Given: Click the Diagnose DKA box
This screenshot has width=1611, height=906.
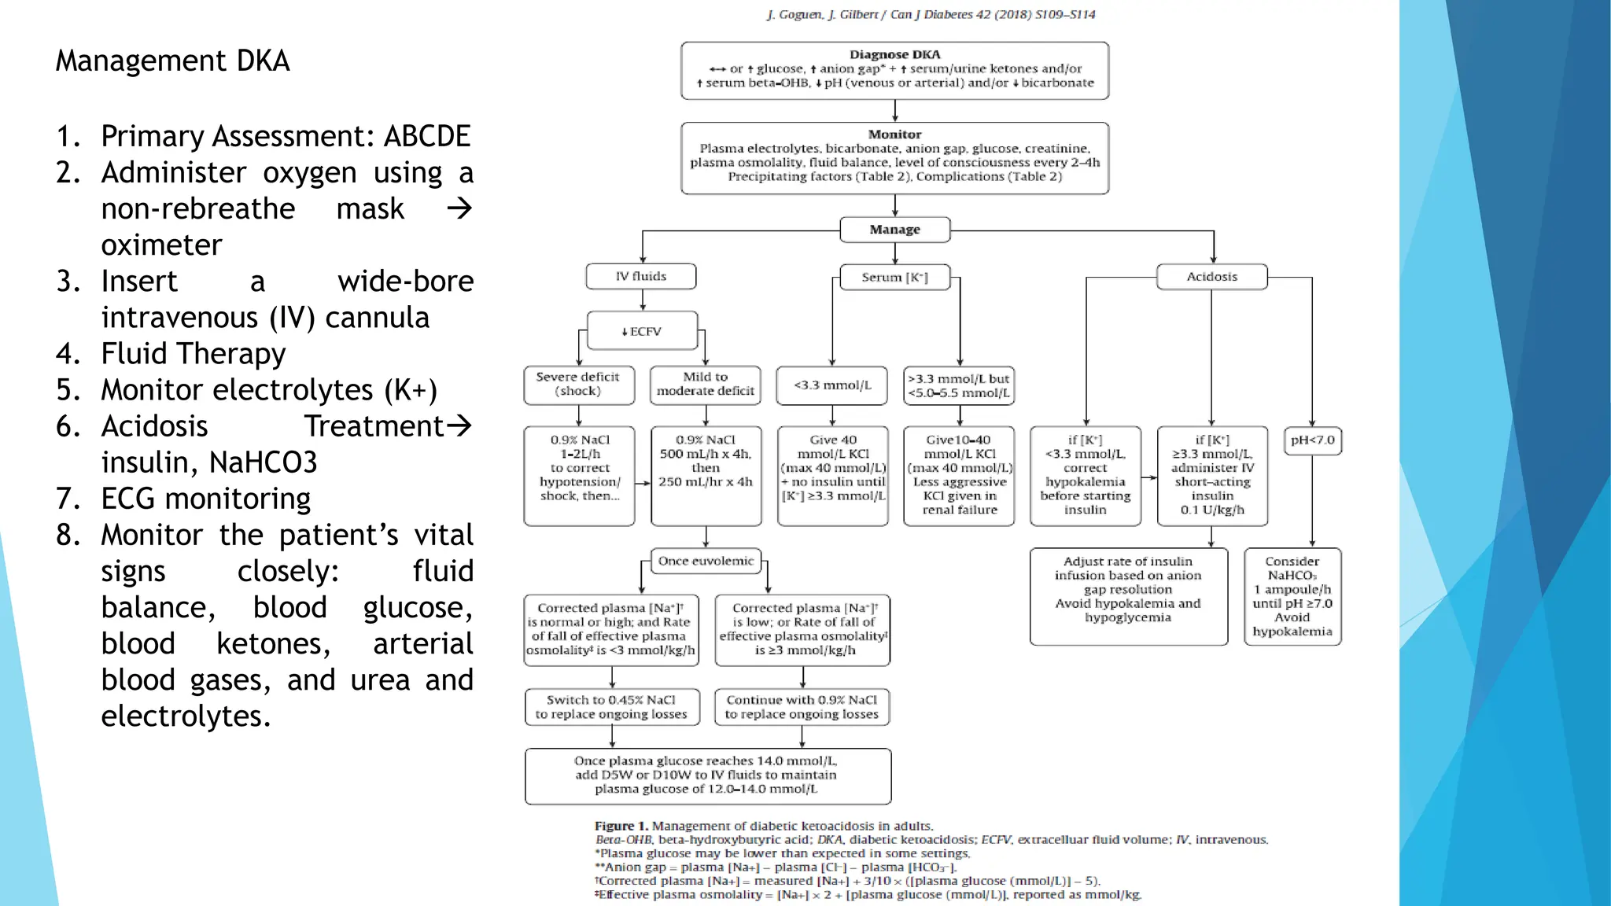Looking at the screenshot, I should (x=894, y=70).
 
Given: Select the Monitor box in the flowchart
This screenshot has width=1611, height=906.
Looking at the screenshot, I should (x=894, y=157).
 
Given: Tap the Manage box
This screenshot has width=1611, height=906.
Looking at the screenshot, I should (x=894, y=230).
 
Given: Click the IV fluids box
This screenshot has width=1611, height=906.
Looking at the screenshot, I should (x=641, y=277).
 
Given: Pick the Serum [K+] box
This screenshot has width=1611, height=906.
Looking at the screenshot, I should (x=894, y=278).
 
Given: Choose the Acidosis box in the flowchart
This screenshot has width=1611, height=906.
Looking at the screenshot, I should (x=1211, y=277).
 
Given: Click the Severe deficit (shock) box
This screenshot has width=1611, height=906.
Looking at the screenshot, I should (x=578, y=385).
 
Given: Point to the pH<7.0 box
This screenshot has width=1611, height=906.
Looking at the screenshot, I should (x=1312, y=440).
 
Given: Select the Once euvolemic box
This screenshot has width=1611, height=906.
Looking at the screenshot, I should (x=706, y=561).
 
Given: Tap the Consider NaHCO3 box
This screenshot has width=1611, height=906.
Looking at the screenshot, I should (x=1292, y=596).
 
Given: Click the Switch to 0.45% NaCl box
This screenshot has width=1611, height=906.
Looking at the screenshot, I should (x=611, y=707).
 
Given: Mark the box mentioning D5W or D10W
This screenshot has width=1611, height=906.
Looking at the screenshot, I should (x=707, y=775).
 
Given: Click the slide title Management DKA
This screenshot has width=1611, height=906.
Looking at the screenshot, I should (x=172, y=61).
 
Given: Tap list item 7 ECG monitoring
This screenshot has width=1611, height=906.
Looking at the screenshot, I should (x=205, y=499).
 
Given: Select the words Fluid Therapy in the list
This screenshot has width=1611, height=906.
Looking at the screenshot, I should (x=194, y=354).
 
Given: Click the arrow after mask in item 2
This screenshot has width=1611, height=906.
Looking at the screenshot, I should (x=459, y=208).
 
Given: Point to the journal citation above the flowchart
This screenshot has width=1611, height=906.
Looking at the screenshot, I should (x=931, y=15).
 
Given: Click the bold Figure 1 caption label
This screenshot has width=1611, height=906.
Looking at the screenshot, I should (x=621, y=826).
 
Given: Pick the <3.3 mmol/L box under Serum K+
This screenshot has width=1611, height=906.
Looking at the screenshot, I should (x=832, y=385).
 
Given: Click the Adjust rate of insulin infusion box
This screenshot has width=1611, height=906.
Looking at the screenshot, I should (x=1128, y=589).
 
